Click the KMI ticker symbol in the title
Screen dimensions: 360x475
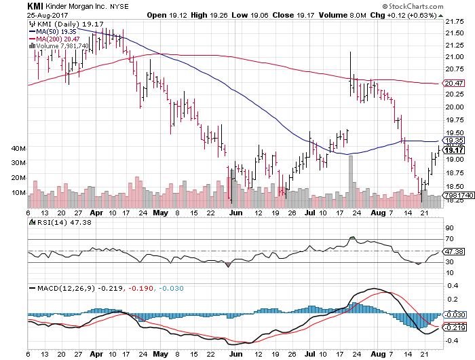pos(16,6)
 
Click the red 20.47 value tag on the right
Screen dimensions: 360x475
pos(453,83)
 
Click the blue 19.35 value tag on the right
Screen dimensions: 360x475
pos(453,141)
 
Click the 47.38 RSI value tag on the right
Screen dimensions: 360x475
pos(453,251)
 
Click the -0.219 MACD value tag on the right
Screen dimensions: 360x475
pos(453,327)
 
